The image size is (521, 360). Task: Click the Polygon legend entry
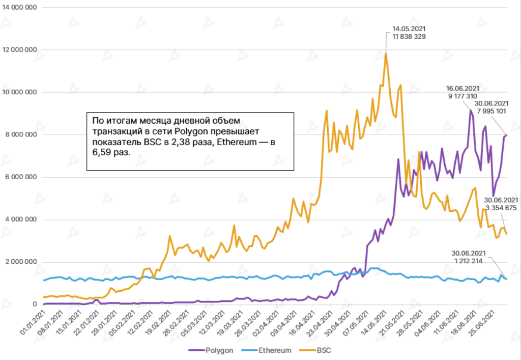tap(219, 350)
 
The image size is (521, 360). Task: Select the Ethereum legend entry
tap(275, 350)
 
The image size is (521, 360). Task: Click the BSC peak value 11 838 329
tap(409, 37)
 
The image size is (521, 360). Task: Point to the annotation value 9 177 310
tap(462, 96)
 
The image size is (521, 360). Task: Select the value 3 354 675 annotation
tap(501, 208)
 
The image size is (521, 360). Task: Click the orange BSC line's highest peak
tap(386, 53)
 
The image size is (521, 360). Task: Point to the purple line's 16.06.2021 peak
tap(471, 110)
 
